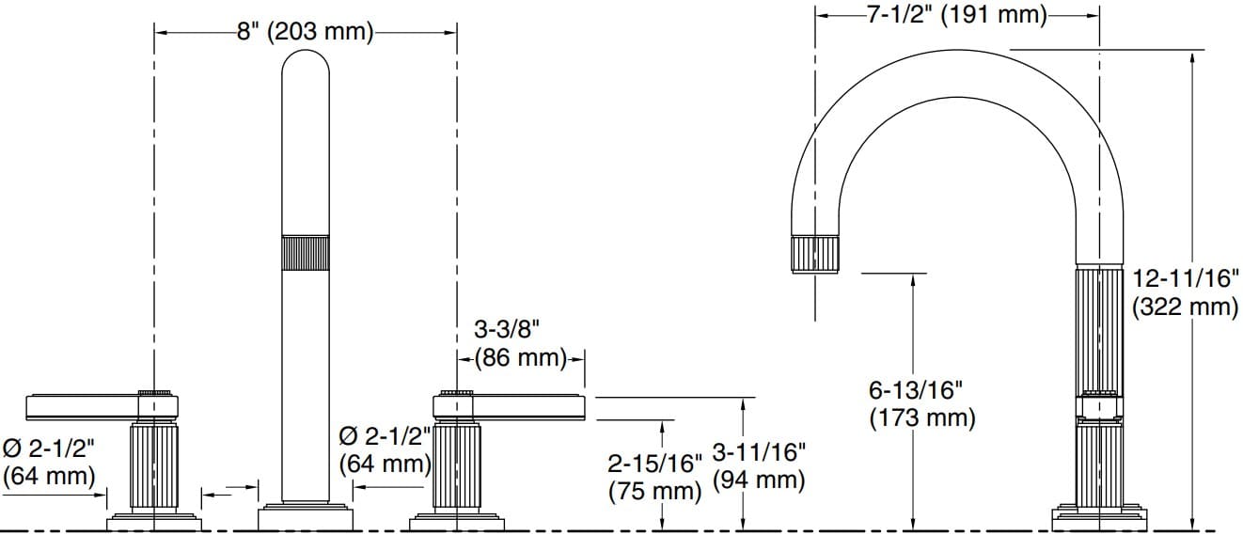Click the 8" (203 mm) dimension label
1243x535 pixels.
pyautogui.click(x=305, y=32)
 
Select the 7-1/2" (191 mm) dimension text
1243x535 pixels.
pyautogui.click(x=956, y=15)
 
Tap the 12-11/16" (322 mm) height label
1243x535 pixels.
pyautogui.click(x=1185, y=292)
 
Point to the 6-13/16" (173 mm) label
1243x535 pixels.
pyautogui.click(x=922, y=403)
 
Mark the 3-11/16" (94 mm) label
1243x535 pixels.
pyautogui.click(x=759, y=465)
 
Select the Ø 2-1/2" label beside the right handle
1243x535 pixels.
pyautogui.click(x=385, y=449)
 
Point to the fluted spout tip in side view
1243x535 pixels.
pyautogui.click(x=818, y=254)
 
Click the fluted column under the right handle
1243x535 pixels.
pyautogui.click(x=457, y=464)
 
